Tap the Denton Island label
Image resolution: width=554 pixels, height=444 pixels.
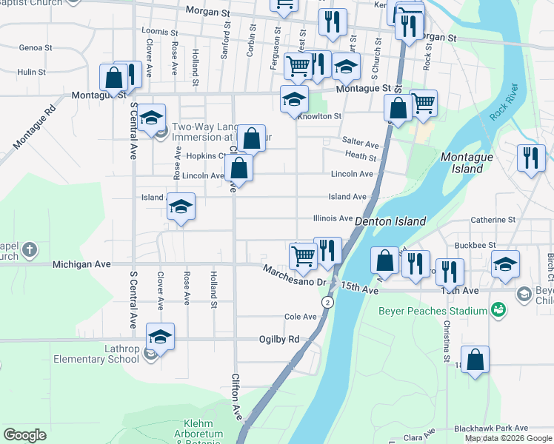[x=390, y=221]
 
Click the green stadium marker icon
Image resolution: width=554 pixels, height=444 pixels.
[x=501, y=312]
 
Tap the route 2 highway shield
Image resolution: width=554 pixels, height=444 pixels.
[x=327, y=303]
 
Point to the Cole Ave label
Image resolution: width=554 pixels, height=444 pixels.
[x=300, y=317]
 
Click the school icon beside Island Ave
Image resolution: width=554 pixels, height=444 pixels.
[x=180, y=207]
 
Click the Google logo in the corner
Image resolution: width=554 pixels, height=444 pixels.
[x=24, y=435]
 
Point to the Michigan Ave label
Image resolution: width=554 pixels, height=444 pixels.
[x=81, y=264]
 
